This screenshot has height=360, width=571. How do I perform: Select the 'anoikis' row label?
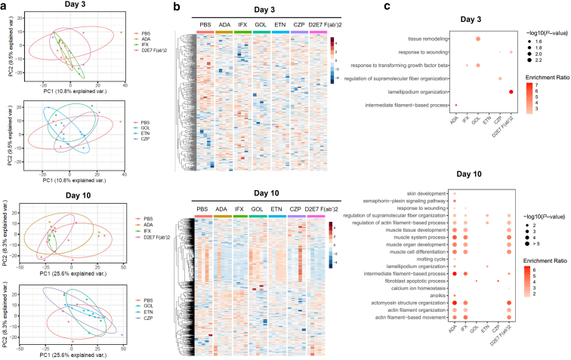pyautogui.click(x=441, y=295)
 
